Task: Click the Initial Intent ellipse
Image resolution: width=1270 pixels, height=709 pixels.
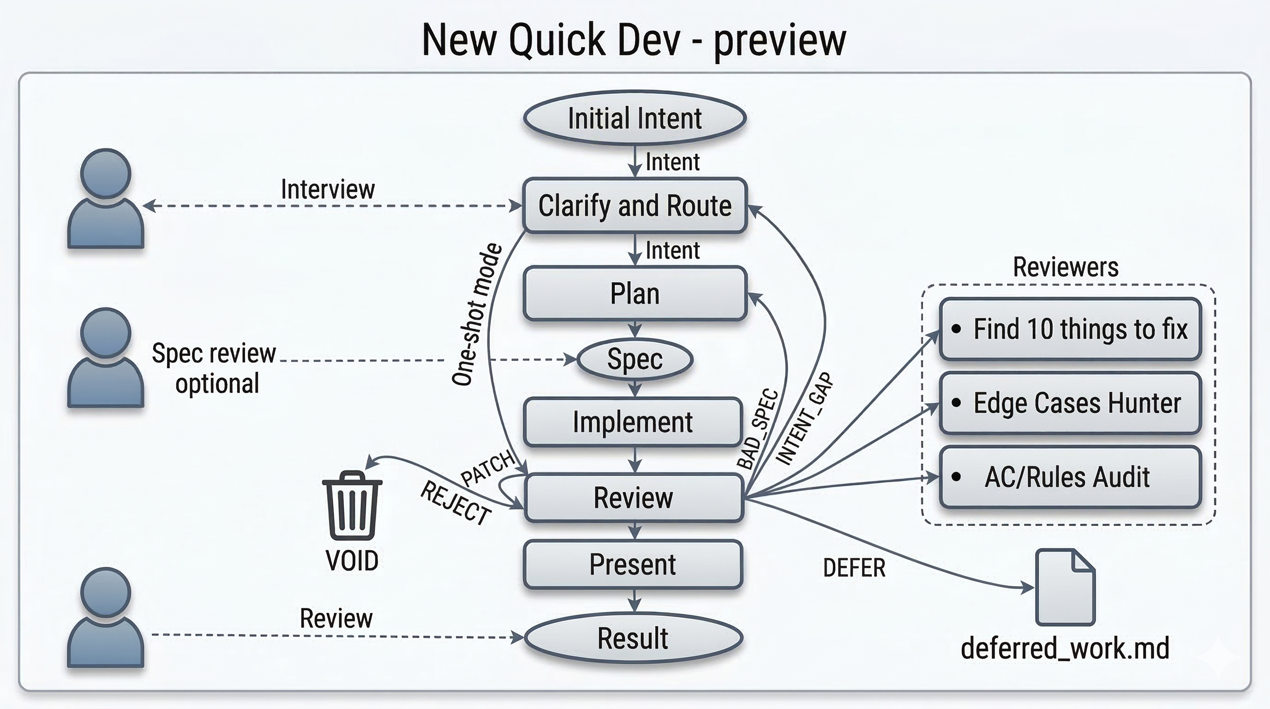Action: pos(635,118)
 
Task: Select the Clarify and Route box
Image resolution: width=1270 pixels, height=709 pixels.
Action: pos(635,205)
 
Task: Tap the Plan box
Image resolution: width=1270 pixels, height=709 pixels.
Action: pos(635,294)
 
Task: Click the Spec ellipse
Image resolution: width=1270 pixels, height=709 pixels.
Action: pos(635,360)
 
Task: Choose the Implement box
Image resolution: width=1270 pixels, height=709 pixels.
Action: pos(633,422)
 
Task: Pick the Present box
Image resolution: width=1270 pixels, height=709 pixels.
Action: pos(633,565)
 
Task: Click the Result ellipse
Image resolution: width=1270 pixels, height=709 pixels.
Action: pos(633,638)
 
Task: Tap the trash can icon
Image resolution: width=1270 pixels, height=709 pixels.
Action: pos(352,505)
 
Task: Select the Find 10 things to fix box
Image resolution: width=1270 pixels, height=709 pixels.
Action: pos(1070,329)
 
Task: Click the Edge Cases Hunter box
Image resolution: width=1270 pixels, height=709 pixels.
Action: pos(1070,403)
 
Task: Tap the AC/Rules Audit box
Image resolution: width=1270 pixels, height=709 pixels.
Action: pos(1070,477)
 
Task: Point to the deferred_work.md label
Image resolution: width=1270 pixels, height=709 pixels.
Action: pos(1065,649)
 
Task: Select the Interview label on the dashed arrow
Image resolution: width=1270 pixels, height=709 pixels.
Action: pos(328,189)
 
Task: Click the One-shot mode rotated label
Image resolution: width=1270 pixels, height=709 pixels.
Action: pos(476,314)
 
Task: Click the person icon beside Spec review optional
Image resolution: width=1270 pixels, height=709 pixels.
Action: pos(106,359)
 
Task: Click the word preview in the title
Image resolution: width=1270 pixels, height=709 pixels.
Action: pos(779,41)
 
